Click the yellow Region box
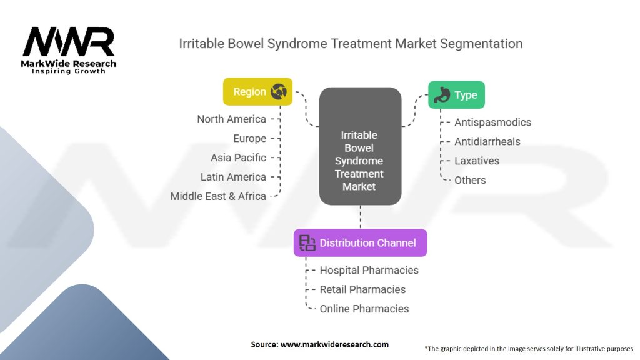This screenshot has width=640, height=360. pos(257,92)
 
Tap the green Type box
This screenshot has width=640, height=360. pos(456,95)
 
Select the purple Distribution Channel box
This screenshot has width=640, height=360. pos(360,242)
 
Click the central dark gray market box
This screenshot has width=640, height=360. pos(360,146)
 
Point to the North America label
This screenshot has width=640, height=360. pos(231,119)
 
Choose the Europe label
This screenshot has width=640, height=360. pos(249,138)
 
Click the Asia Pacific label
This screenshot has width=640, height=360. pos(238,157)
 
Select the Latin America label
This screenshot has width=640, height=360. pos(233,177)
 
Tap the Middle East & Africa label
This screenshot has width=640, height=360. pos(218,196)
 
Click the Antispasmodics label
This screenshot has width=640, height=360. pos(492,122)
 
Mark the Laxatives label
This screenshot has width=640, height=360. pos(477,161)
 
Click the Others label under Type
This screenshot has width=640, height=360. pos(470,180)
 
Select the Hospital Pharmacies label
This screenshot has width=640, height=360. pos(369,270)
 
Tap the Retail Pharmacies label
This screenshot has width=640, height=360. pos(362,289)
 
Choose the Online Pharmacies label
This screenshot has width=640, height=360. pos(364,309)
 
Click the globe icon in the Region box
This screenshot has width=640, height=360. pos(278,92)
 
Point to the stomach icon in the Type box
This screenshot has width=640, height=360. pos(442,95)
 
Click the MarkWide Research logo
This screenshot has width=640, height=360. pos(69,50)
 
